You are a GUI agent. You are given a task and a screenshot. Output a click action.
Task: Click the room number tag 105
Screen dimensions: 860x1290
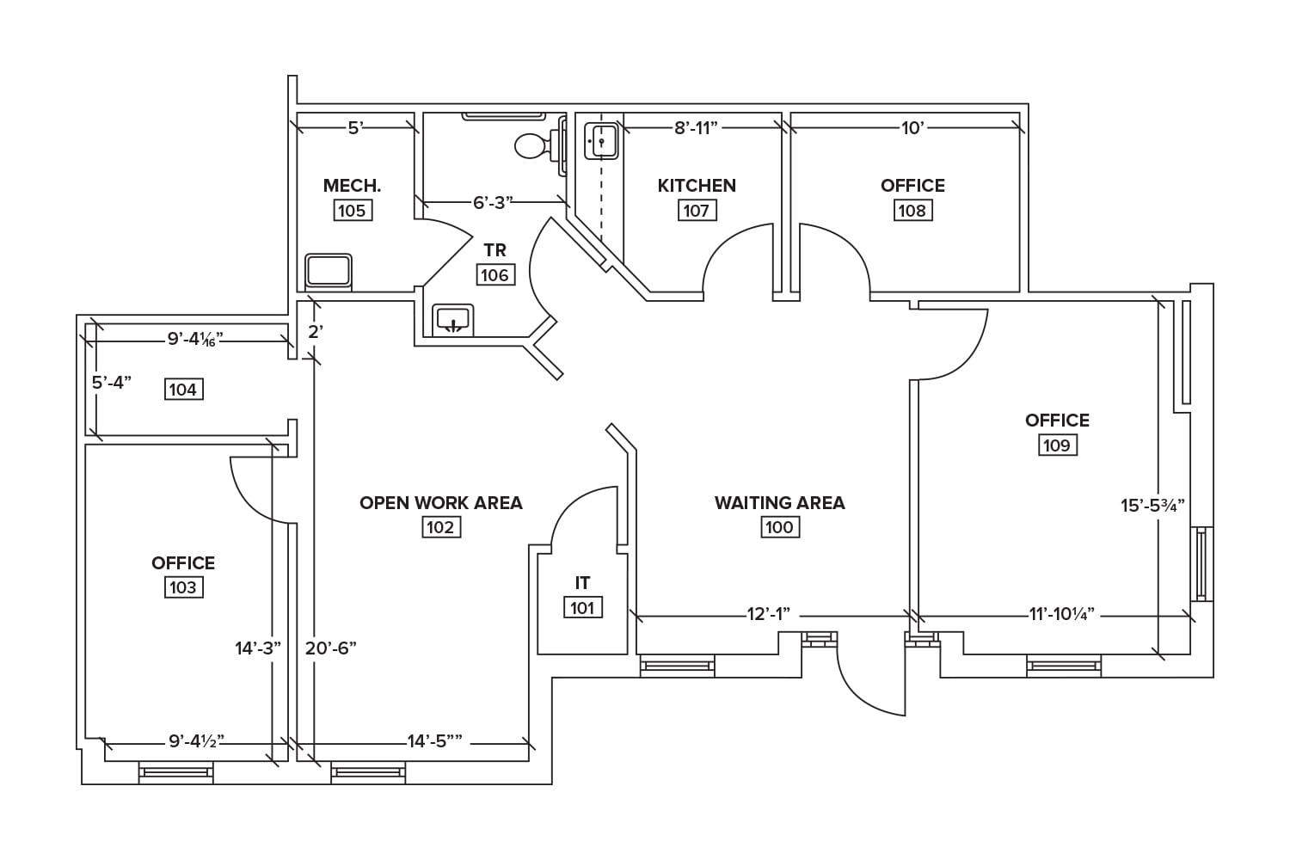pyautogui.click(x=352, y=211)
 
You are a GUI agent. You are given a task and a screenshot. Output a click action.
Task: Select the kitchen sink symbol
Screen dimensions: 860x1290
pyautogui.click(x=602, y=140)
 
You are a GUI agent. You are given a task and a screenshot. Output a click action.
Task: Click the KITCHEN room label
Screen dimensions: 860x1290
pyautogui.click(x=697, y=186)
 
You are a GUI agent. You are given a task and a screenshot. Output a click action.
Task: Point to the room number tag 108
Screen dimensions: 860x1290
pyautogui.click(x=912, y=211)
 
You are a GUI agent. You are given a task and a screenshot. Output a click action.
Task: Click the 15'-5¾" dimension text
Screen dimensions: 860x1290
pyautogui.click(x=1152, y=506)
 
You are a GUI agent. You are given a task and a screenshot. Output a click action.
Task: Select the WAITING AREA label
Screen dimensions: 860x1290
pyautogui.click(x=779, y=503)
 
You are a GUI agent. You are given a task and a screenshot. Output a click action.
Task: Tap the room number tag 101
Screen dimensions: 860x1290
pyautogui.click(x=582, y=608)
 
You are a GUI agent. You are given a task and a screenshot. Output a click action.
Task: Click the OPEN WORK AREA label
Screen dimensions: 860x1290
pyautogui.click(x=440, y=503)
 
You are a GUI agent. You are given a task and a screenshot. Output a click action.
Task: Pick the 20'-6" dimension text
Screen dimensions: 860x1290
pyautogui.click(x=331, y=648)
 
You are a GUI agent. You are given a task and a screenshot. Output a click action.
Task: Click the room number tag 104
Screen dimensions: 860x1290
pyautogui.click(x=182, y=390)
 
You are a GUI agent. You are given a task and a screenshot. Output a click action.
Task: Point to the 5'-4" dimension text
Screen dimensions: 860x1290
pyautogui.click(x=111, y=383)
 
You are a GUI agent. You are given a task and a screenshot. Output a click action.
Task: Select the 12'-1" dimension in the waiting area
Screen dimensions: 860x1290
pyautogui.click(x=768, y=615)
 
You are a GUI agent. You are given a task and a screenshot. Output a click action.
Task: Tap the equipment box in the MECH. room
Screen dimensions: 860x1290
pyautogui.click(x=329, y=271)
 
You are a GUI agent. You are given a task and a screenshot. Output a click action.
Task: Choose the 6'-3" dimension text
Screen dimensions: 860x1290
pyautogui.click(x=493, y=203)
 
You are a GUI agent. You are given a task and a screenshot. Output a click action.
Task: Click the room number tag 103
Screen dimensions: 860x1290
pyautogui.click(x=182, y=587)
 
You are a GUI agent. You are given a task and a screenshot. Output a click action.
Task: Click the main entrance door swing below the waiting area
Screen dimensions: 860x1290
pyautogui.click(x=869, y=679)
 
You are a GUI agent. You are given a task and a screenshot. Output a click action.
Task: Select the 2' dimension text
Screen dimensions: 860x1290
pyautogui.click(x=316, y=332)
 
